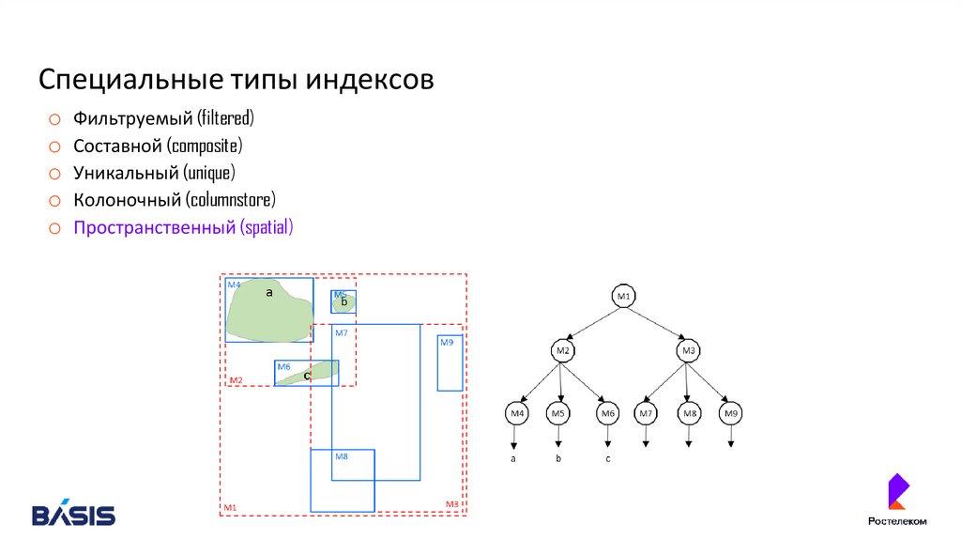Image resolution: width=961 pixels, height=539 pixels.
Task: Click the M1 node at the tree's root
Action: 624,297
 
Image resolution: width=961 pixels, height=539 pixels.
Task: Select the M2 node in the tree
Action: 562,351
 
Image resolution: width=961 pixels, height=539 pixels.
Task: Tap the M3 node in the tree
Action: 688,351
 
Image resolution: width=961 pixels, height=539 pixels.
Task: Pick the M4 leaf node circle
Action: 515,412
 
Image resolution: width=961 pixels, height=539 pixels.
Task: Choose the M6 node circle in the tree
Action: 607,412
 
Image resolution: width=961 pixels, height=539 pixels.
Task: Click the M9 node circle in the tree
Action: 732,412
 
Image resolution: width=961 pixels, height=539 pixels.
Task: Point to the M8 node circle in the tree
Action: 689,412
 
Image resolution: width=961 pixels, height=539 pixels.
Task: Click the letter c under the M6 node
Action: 608,459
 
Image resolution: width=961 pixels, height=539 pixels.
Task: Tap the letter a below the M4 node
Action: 513,459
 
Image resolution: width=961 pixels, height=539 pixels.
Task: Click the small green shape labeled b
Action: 343,301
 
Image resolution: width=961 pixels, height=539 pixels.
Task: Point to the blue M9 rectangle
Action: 450,363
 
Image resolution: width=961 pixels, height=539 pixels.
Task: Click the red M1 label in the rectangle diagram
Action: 230,508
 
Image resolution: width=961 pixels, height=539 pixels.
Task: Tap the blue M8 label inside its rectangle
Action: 342,456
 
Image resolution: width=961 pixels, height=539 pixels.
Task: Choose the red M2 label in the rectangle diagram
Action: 236,379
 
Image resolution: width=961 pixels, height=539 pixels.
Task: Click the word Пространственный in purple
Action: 154,227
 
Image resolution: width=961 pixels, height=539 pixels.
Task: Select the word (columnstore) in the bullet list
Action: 230,200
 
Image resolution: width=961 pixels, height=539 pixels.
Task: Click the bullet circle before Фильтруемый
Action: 55,119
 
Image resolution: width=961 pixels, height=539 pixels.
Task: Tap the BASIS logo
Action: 74,515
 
